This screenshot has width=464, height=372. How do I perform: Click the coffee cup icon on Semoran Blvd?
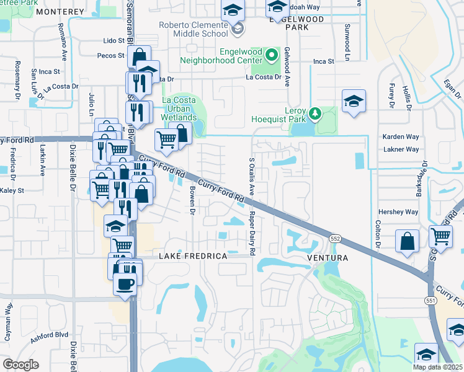pyautogui.click(x=125, y=285)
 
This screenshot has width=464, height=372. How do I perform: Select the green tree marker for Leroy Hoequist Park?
pyautogui.click(x=316, y=113)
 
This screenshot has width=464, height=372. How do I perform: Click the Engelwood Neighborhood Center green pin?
pyautogui.click(x=271, y=55)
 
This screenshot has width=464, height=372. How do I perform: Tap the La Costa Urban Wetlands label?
pyautogui.click(x=179, y=108)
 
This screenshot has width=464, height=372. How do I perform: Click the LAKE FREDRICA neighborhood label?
pyautogui.click(x=190, y=256)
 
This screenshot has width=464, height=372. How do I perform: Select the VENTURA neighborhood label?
pyautogui.click(x=327, y=257)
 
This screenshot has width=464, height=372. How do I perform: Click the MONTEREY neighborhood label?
pyautogui.click(x=60, y=12)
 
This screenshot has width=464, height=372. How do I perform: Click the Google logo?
pyautogui.click(x=20, y=364)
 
